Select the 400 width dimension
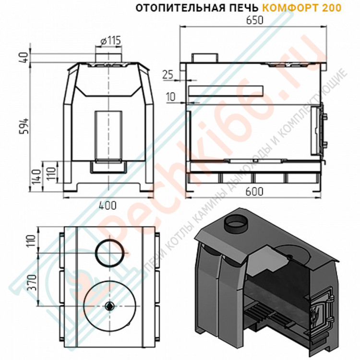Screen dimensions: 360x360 pyautogui.click(x=108, y=205)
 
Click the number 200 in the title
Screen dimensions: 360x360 pyautogui.click(x=333, y=8)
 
